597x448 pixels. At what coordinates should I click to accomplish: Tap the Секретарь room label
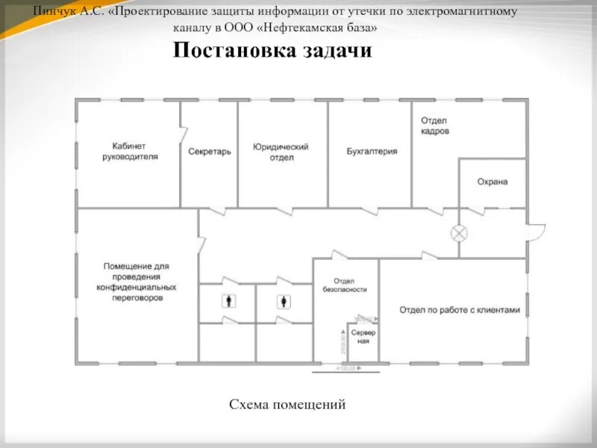coord(209,152)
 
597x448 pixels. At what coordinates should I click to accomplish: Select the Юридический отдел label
coord(281,152)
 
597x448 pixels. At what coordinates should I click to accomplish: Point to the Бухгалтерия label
coord(372,151)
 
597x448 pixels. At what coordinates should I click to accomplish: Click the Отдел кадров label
coord(434,125)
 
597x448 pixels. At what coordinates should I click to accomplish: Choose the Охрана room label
coord(492,181)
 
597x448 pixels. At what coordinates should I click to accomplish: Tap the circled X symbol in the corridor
coord(459,234)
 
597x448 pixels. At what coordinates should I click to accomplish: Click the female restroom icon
coord(284,302)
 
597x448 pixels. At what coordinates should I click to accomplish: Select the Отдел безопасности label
coord(345,284)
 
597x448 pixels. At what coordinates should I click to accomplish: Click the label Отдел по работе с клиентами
coord(458,309)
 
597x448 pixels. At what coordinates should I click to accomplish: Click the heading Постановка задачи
coord(272,51)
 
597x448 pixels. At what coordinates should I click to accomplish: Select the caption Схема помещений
coord(287,405)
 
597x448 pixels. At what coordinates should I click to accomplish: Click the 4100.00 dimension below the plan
coord(348,368)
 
